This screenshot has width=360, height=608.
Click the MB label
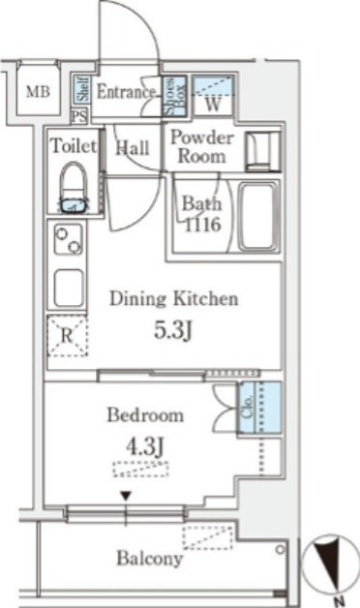point(38,92)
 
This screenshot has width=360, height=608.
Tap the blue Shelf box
point(82,90)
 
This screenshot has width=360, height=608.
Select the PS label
point(79,116)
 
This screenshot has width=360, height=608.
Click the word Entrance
point(126,92)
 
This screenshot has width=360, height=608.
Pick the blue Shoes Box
point(174,97)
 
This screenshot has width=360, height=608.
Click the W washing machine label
point(213,104)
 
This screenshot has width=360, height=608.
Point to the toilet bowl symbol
point(74,187)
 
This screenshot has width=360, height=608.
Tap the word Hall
point(133,148)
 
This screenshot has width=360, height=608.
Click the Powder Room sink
point(262,151)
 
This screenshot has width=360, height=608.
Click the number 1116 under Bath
point(202,225)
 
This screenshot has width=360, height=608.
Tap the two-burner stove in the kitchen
point(68,240)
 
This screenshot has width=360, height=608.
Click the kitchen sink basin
point(69,289)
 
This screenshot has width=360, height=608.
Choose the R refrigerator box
point(68,336)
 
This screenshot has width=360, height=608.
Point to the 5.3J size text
point(173,330)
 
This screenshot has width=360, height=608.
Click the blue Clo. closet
point(258,408)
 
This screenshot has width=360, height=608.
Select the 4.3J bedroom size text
point(145,446)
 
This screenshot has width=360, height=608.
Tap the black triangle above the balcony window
point(126,496)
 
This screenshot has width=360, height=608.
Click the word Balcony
point(150,559)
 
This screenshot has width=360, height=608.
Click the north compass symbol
point(331,563)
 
